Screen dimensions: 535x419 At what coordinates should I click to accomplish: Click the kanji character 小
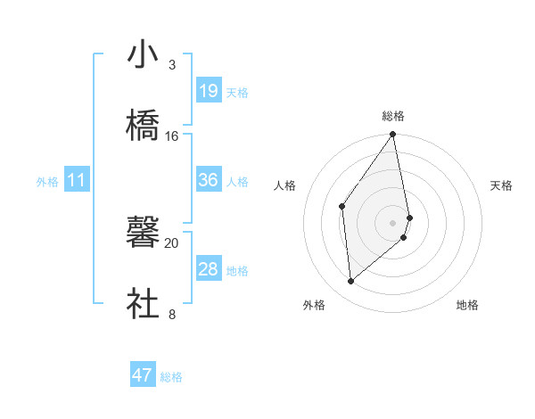pyautogui.click(x=144, y=54)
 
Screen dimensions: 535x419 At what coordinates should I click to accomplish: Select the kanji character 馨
pyautogui.click(x=144, y=233)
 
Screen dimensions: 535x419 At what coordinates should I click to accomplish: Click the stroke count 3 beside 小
pyautogui.click(x=171, y=65)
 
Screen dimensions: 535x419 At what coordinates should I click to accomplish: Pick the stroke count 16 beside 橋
pyautogui.click(x=172, y=136)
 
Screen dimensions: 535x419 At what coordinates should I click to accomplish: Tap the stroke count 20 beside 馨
pyautogui.click(x=172, y=243)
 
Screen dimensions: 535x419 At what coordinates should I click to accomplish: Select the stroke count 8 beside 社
pyautogui.click(x=171, y=315)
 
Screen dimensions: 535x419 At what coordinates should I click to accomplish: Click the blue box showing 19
pyautogui.click(x=209, y=91)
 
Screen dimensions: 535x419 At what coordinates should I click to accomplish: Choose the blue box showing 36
pyautogui.click(x=209, y=180)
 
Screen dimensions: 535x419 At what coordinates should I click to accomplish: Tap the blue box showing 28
pyautogui.click(x=209, y=269)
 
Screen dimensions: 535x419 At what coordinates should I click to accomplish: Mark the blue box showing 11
pyautogui.click(x=77, y=181)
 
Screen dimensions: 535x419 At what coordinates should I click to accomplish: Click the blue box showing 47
pyautogui.click(x=143, y=375)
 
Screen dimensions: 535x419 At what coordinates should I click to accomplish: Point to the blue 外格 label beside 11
pyautogui.click(x=47, y=182)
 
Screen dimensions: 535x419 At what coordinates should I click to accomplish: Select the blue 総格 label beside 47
pyautogui.click(x=171, y=377)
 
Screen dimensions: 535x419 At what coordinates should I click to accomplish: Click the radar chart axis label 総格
pyautogui.click(x=393, y=116)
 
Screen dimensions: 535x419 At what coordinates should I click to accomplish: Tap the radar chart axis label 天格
pyautogui.click(x=502, y=185)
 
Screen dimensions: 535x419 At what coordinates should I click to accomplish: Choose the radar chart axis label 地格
pyautogui.click(x=467, y=305)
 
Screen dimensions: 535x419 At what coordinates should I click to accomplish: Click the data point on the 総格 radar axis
pyautogui.click(x=393, y=135)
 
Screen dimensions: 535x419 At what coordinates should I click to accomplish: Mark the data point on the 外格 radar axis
pyautogui.click(x=351, y=281)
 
